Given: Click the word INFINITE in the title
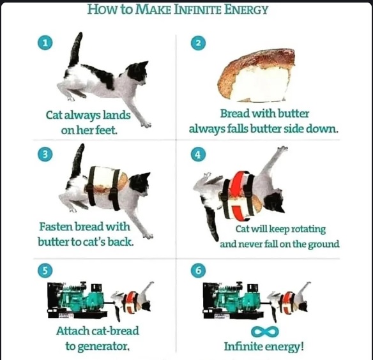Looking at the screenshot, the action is pyautogui.click(x=197, y=10).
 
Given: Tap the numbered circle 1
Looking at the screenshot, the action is pyautogui.click(x=45, y=43).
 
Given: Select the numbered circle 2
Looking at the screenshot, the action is pyautogui.click(x=199, y=43).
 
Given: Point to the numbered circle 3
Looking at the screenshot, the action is pyautogui.click(x=45, y=154).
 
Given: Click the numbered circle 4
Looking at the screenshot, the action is pyautogui.click(x=199, y=154).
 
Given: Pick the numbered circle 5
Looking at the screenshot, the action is pyautogui.click(x=45, y=271).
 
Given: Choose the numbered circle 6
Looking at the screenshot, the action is pyautogui.click(x=199, y=271).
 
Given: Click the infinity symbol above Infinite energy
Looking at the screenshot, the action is pyautogui.click(x=265, y=332).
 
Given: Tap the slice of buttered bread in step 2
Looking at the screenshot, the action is pyautogui.click(x=257, y=76).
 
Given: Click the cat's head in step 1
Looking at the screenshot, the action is pyautogui.click(x=137, y=73).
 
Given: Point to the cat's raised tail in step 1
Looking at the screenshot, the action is pyautogui.click(x=76, y=49).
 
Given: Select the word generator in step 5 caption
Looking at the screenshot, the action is pyautogui.click(x=103, y=347).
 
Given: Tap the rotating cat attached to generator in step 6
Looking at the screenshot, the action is pyautogui.click(x=288, y=301).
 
